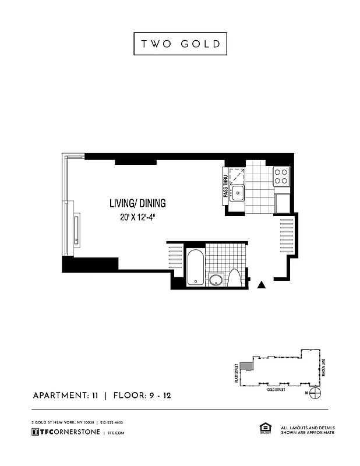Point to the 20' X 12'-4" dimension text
(137, 218)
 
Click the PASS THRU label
(225, 187)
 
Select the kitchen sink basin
(237, 193)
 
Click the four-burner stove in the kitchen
(281, 176)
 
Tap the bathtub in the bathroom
(195, 267)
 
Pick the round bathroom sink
(216, 280)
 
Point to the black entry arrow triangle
(262, 284)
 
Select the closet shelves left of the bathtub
(175, 256)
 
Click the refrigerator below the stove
(281, 202)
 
